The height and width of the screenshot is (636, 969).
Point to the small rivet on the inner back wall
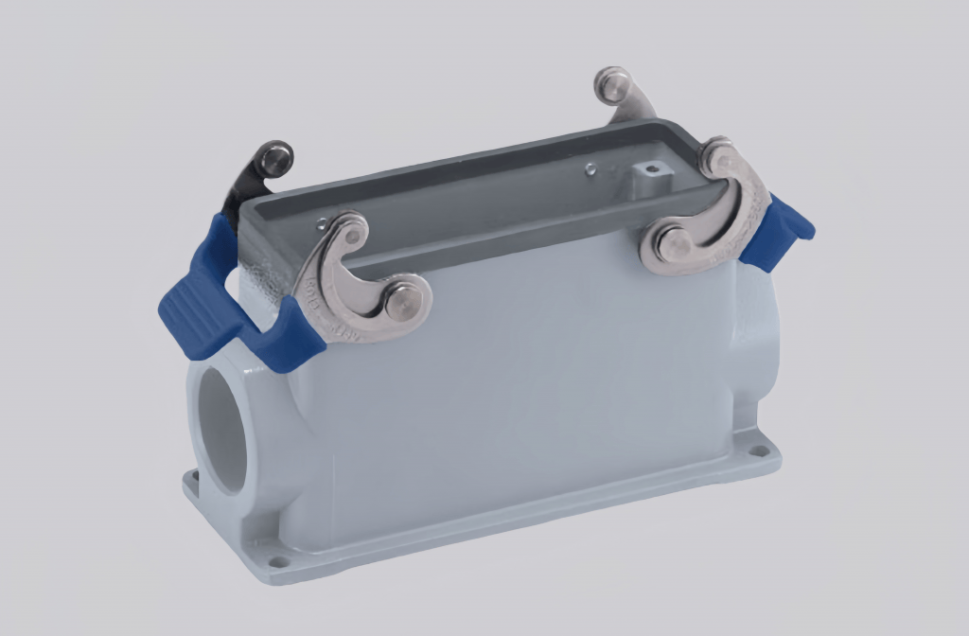590,169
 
